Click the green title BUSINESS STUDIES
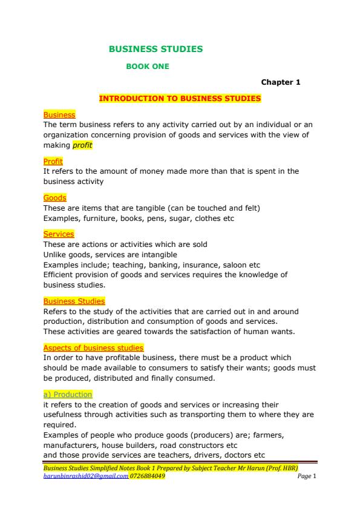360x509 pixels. point(155,49)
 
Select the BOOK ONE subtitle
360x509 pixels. point(147,67)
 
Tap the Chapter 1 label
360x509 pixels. point(280,82)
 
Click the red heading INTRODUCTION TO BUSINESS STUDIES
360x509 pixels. point(180,98)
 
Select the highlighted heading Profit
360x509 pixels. point(53,162)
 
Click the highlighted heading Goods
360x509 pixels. point(54,198)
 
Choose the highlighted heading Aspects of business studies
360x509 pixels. point(93,348)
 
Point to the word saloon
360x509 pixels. point(238,264)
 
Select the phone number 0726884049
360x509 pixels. point(148,476)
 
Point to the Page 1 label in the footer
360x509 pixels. point(307,476)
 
